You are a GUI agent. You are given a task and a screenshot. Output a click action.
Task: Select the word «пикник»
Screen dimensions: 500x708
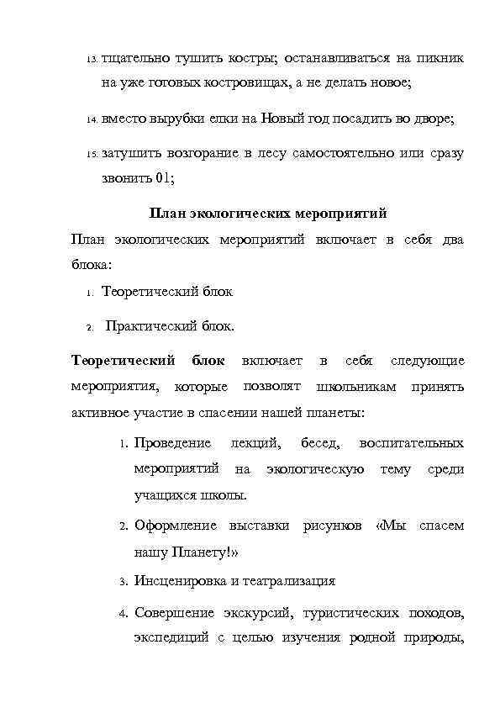[x=439, y=58]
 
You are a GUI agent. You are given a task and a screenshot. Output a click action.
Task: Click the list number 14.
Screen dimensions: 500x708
[x=92, y=120]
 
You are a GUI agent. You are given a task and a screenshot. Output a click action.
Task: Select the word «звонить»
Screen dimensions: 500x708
[x=126, y=178]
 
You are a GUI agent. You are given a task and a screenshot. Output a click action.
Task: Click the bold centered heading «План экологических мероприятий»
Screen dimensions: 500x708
[x=267, y=214]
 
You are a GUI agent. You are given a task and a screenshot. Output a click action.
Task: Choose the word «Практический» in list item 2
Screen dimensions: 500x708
[x=151, y=325]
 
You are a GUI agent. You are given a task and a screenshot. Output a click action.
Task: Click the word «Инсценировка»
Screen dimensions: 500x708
[x=180, y=581]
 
